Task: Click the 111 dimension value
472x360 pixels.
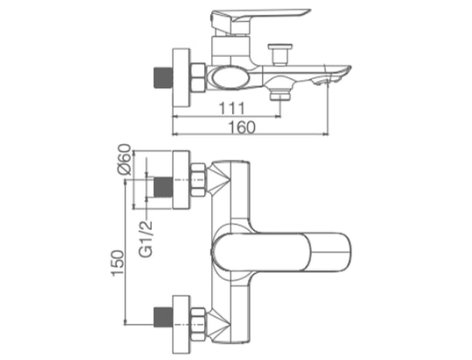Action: point(232,109)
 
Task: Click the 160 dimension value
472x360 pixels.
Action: point(243,127)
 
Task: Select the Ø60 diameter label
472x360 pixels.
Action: point(124,160)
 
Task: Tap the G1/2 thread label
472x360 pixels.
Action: point(146,239)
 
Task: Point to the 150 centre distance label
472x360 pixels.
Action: point(118,263)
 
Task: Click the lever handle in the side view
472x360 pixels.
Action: point(260,21)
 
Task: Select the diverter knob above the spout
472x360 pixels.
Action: point(280,54)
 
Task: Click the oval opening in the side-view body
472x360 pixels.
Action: point(229,77)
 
